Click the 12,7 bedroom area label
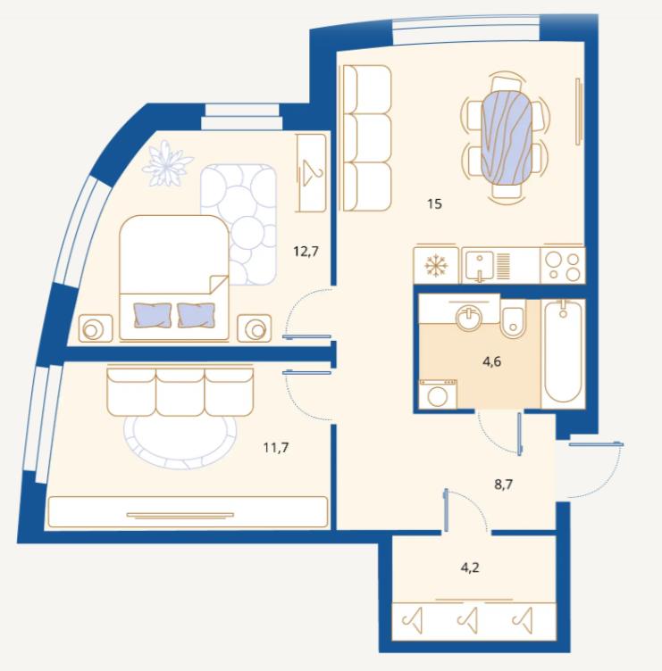306,252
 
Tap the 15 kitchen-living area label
434,204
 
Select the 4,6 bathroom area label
491,362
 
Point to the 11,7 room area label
276,448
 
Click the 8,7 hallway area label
504,485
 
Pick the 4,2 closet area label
470,567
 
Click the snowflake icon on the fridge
436,265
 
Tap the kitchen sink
480,266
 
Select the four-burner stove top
563,265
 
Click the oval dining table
507,137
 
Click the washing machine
438,394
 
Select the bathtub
563,352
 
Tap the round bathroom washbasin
469,317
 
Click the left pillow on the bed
153,315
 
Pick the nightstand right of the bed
255,328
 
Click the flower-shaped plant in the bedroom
167,164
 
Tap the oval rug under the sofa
180,441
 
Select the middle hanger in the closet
468,620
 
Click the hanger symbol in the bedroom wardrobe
313,172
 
